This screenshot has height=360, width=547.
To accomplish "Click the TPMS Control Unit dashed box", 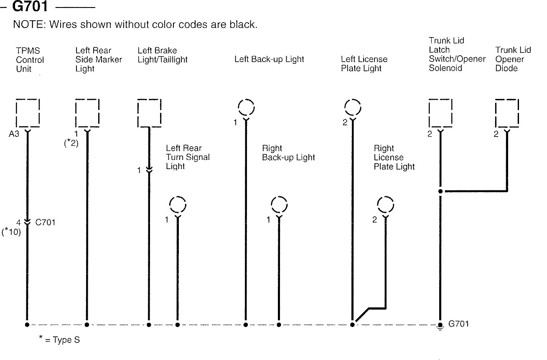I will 28,113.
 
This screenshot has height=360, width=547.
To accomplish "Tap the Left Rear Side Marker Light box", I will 87,113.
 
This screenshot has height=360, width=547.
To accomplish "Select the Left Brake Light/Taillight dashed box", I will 149,113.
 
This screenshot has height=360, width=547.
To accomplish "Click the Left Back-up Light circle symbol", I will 246,108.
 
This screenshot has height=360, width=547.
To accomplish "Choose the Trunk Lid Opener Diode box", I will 506,113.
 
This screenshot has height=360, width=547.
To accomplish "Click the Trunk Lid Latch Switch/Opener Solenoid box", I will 440,113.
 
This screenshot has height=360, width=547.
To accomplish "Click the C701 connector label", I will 45,223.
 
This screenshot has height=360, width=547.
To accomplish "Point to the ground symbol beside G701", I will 440,325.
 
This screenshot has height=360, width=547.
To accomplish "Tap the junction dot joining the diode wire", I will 440,191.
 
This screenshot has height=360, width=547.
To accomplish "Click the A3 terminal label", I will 13,134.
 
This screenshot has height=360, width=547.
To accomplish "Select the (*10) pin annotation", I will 11,232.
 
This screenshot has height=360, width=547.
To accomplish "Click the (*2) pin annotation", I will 71,143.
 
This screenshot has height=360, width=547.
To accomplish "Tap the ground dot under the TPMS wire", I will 28,325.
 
